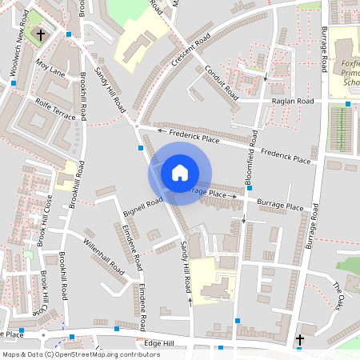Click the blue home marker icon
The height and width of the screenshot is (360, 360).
point(180,173)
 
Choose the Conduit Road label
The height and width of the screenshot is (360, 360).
point(221,79)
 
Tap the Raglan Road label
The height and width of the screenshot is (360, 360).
point(292,102)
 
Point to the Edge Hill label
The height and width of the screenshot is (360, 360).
point(163,343)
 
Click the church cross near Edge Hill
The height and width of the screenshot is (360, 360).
point(300,340)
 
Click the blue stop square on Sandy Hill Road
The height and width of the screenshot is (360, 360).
point(141,148)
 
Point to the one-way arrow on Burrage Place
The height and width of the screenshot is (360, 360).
point(234,194)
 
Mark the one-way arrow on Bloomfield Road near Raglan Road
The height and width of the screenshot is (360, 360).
point(266,78)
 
